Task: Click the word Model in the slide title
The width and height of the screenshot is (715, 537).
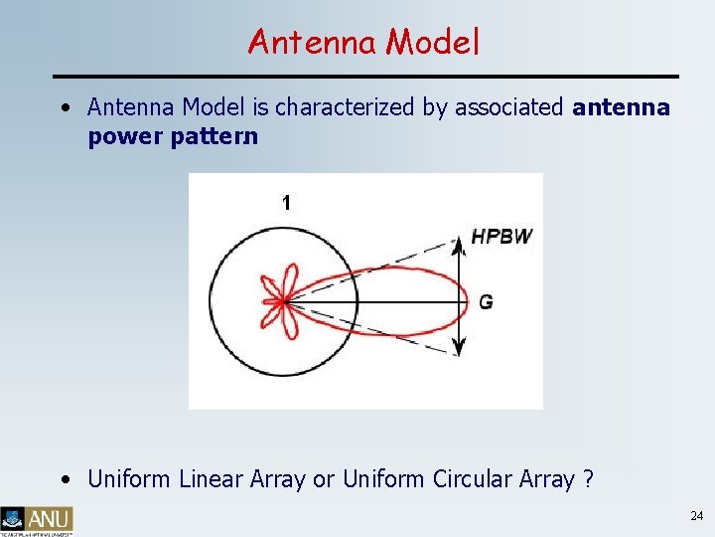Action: click(433, 42)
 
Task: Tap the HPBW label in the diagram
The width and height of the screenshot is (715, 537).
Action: click(501, 237)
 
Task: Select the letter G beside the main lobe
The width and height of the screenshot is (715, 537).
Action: click(486, 301)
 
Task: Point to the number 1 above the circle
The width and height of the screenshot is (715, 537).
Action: click(286, 203)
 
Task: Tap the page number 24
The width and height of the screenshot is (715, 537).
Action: click(695, 516)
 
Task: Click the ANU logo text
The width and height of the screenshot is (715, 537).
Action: click(50, 518)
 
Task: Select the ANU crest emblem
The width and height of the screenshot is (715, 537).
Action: click(13, 518)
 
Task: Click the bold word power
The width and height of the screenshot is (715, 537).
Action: click(122, 136)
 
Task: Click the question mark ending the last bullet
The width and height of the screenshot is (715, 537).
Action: click(589, 479)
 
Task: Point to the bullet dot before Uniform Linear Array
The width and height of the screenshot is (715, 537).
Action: click(65, 479)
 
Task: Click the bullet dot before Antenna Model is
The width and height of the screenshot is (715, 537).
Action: click(65, 107)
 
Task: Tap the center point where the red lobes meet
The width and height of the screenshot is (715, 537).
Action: click(284, 299)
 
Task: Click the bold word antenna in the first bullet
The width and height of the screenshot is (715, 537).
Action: click(622, 107)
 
